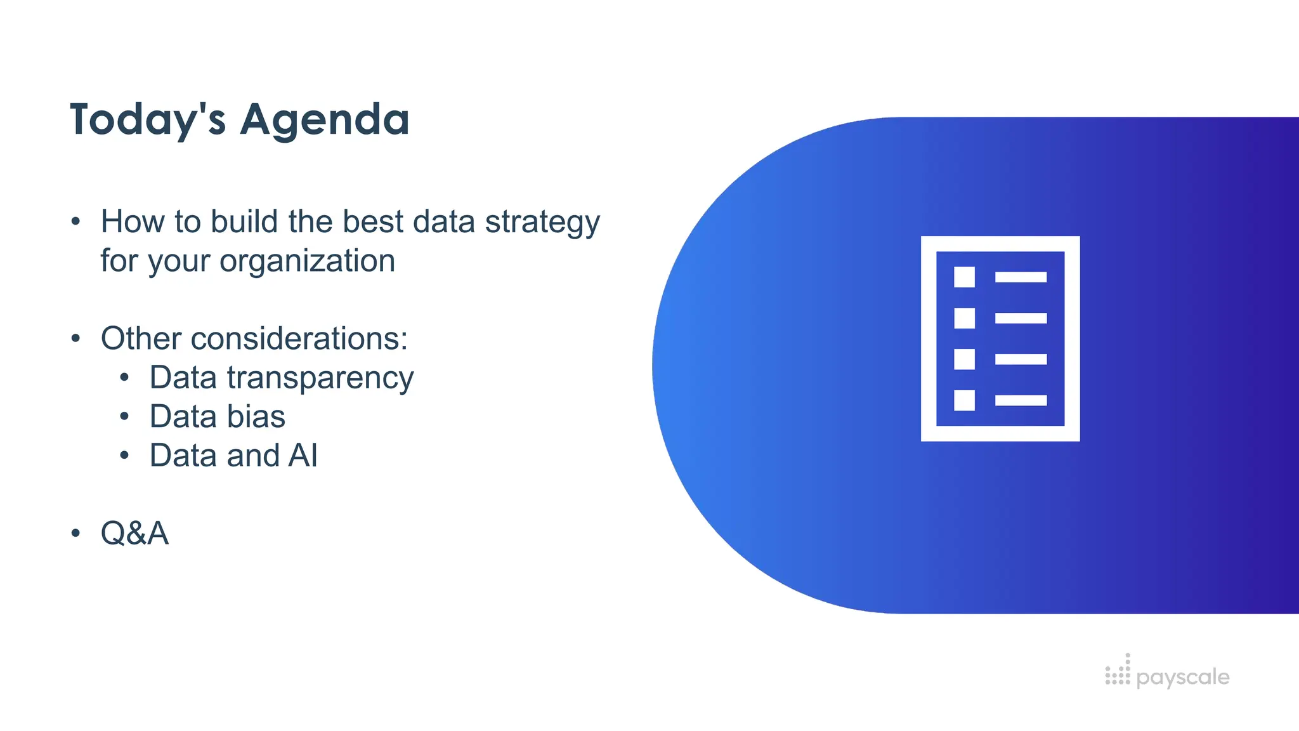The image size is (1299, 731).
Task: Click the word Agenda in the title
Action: click(324, 120)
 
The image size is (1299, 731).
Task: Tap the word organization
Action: click(307, 261)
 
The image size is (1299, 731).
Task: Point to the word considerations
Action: click(298, 338)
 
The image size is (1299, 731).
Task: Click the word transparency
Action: click(320, 378)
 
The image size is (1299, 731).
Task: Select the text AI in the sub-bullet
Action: click(303, 456)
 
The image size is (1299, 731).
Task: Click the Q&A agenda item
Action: click(134, 533)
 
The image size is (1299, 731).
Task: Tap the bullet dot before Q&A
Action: click(76, 533)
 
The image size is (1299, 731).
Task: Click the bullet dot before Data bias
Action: click(125, 417)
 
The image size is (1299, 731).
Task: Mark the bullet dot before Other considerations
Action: click(76, 338)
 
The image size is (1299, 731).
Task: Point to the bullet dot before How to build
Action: click(76, 222)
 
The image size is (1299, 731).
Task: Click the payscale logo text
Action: click(1183, 677)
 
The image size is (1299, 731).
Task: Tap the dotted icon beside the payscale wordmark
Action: click(1118, 671)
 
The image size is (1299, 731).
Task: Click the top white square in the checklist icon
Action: click(964, 277)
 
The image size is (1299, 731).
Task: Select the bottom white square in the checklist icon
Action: click(964, 400)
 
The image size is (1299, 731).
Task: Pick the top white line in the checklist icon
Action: click(1021, 277)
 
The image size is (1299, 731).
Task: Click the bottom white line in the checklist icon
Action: click(1021, 400)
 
